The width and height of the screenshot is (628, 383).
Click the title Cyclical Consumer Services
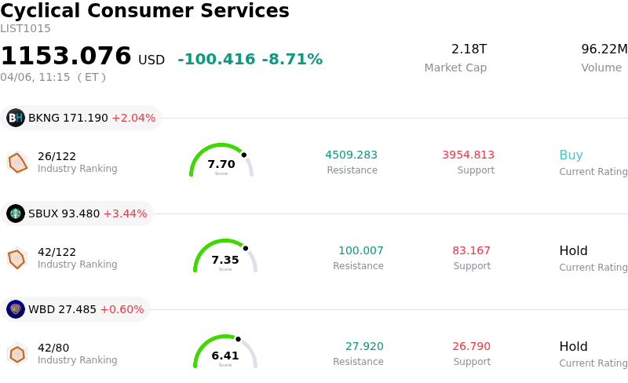point(144,11)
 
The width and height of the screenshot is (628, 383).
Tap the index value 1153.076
point(66,57)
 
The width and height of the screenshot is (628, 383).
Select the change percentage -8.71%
point(292,60)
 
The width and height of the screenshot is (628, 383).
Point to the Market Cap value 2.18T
point(469,49)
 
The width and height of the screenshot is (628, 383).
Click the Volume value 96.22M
point(604,49)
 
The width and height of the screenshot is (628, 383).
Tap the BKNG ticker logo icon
point(16,118)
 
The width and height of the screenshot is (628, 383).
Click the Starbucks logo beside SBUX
point(16,213)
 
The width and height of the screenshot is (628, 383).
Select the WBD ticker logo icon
point(16,309)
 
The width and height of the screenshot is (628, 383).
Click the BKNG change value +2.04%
point(133,119)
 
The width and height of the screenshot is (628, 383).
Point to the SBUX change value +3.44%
point(125,214)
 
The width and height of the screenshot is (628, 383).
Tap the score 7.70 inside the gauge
point(221,164)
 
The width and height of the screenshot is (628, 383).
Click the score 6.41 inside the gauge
point(225,356)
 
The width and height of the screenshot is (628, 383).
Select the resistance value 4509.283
point(352,155)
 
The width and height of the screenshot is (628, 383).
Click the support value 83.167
point(471,250)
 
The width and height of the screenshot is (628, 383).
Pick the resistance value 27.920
point(364,346)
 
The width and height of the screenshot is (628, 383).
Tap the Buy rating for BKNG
point(571,155)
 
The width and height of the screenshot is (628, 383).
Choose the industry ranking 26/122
point(57,156)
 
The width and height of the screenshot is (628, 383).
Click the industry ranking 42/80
point(53,348)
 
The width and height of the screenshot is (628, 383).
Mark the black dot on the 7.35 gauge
point(246,248)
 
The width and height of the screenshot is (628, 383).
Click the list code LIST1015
point(25,29)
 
